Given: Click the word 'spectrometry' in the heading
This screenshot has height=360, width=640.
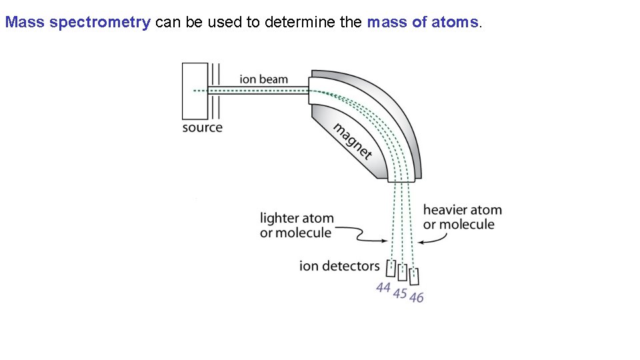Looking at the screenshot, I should tap(100, 22).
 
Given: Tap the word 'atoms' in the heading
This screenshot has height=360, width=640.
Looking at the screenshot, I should tap(455, 22).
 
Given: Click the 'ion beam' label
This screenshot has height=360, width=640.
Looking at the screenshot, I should tap(264, 79).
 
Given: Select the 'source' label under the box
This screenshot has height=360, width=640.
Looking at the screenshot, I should tap(202, 127).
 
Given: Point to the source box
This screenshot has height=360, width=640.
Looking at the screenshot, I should tap(195, 91).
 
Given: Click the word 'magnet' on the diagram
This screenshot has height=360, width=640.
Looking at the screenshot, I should tap(352, 141).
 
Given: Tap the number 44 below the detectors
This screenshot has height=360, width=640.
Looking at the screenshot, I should tap(383, 288).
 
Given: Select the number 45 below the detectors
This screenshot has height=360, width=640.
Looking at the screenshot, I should tap(400, 293).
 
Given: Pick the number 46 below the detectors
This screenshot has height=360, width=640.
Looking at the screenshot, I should tap(417, 297).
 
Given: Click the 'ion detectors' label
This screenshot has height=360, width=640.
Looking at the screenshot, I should tap(339, 266).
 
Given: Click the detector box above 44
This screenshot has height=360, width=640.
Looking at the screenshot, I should tap(391, 268).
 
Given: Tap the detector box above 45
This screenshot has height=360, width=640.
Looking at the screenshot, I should tap(402, 272).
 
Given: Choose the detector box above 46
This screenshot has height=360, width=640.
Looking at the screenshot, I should tap(414, 275).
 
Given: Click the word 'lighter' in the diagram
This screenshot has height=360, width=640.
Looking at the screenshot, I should tap(277, 218).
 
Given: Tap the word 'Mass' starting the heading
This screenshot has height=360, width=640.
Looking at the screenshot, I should tap(25, 22).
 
